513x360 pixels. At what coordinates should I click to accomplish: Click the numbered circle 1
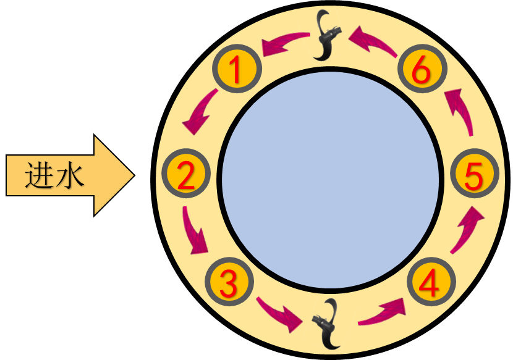237,70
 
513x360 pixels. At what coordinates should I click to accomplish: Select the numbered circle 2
185,175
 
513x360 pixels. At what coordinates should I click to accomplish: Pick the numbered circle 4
431,283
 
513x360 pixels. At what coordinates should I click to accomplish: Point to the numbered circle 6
421,69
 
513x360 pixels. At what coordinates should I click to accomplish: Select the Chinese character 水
69,175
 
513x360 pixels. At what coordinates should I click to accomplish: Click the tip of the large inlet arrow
132,175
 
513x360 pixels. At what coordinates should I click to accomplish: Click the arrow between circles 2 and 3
195,232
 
